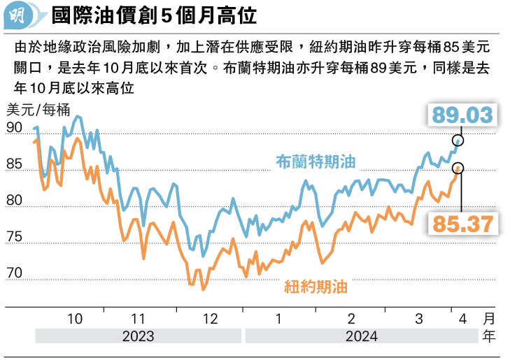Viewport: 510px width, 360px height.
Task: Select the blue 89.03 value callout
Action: [x=462, y=115]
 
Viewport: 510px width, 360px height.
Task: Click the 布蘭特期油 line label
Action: [x=316, y=161]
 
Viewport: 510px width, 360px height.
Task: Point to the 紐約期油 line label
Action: [x=316, y=285]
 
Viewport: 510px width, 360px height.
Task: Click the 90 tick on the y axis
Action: [x=14, y=128]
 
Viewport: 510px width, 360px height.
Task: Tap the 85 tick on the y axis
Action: [x=14, y=165]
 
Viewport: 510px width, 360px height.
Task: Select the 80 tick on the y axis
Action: [x=14, y=202]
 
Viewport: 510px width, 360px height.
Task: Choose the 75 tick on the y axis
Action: [x=14, y=238]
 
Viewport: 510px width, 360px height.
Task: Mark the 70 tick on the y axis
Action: [x=14, y=274]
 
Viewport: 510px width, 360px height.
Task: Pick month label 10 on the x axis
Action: [x=74, y=318]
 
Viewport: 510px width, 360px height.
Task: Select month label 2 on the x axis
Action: [x=351, y=318]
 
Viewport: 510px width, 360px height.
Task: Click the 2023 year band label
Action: [x=139, y=336]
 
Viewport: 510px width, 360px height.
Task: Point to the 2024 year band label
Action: [x=361, y=336]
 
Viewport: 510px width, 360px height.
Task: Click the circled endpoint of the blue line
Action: [x=458, y=141]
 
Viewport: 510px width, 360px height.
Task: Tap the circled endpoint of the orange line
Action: [x=458, y=168]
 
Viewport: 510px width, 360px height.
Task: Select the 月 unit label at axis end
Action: [x=488, y=318]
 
